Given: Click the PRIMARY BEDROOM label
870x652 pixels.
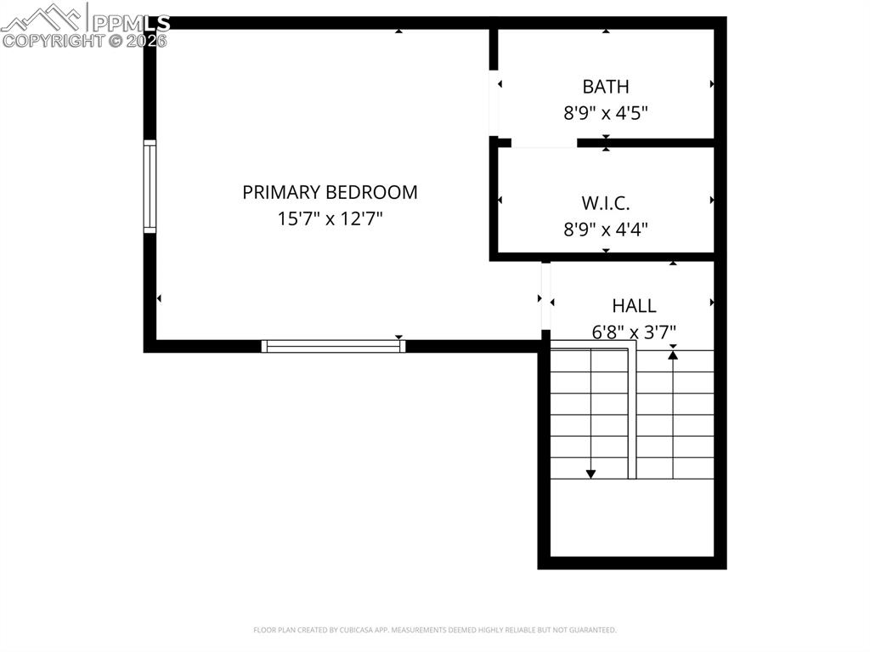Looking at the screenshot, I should [330, 192].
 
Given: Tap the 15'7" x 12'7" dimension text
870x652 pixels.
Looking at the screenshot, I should [330, 218].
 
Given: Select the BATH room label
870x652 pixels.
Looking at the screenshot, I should [606, 86].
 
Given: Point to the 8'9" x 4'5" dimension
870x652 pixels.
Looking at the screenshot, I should [606, 112].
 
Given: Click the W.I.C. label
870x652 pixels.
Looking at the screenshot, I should [606, 203].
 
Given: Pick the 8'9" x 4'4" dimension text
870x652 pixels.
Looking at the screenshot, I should [606, 229].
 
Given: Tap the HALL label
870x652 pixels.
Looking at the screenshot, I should [634, 306].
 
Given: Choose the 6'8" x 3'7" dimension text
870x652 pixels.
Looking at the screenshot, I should [634, 332].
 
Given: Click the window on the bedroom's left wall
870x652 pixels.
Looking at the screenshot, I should [150, 187].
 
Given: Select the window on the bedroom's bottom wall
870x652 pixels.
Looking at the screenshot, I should [333, 346].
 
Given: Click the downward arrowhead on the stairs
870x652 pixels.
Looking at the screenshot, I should [590, 473].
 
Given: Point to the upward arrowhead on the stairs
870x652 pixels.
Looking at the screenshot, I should [673, 354].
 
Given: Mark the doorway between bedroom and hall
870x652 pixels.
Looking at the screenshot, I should [545, 295].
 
